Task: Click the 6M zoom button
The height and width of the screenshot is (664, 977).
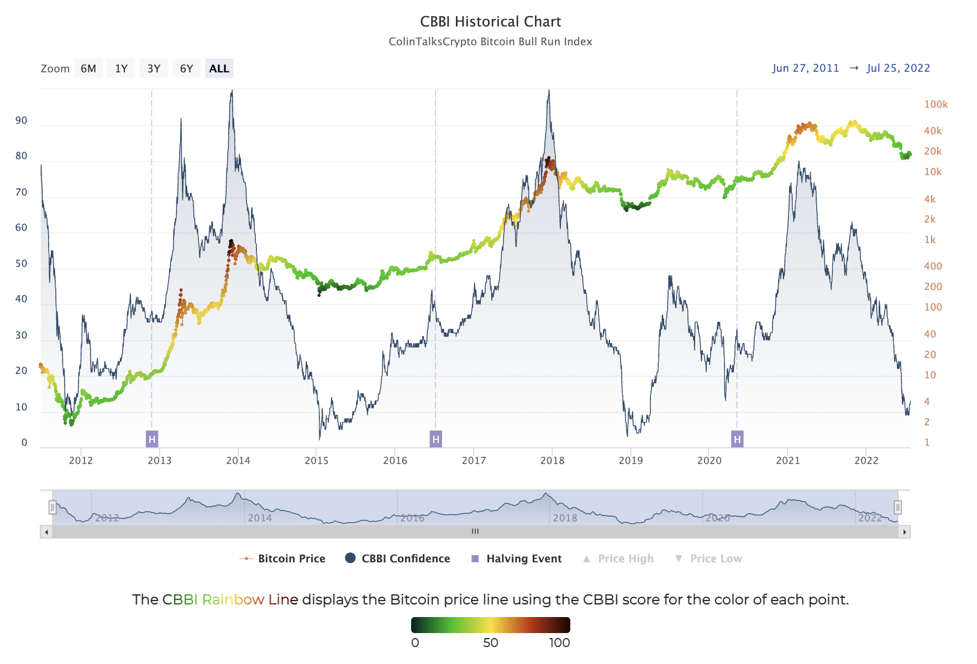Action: [x=88, y=68]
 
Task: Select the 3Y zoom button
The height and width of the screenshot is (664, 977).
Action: [x=154, y=68]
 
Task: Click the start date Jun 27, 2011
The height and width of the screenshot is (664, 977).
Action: [x=805, y=68]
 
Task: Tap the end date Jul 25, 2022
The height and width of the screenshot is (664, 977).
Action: [x=898, y=68]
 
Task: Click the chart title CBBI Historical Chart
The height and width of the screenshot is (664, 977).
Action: [x=490, y=22]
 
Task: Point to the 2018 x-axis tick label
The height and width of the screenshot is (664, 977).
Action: [x=552, y=461]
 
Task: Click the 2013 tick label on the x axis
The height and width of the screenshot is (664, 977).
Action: [x=159, y=461]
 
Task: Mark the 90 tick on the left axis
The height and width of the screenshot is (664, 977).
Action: [x=21, y=120]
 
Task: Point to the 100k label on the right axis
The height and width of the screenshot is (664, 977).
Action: [x=936, y=104]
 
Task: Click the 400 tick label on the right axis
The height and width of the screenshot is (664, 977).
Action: [x=933, y=266]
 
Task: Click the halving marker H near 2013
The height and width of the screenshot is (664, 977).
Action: [x=152, y=439]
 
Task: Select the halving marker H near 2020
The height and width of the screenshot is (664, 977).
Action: [x=737, y=439]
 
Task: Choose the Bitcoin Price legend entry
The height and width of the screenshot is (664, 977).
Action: [x=283, y=558]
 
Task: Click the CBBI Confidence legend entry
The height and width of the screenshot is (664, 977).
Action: [x=397, y=558]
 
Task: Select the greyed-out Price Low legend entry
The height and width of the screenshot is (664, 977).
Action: [x=708, y=558]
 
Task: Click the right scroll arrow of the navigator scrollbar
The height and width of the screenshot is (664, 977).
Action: [x=905, y=532]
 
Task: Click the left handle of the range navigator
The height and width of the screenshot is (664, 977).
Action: [x=52, y=507]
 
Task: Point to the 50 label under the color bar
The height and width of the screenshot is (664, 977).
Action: [x=490, y=642]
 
